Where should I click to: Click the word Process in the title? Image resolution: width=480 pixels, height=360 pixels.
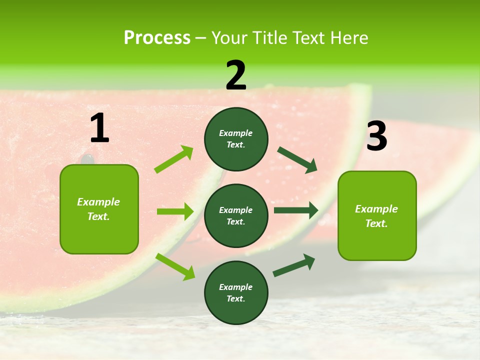click(x=157, y=38)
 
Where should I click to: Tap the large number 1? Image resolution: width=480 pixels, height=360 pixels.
click(x=99, y=128)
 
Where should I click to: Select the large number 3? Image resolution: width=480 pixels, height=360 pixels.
click(x=376, y=136)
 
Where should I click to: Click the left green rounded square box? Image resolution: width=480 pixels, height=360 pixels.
click(x=99, y=209)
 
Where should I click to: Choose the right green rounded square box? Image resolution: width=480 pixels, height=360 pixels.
click(x=377, y=215)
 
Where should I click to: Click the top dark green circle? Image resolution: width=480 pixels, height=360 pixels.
click(x=236, y=139)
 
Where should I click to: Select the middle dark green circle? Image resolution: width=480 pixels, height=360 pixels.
click(x=236, y=215)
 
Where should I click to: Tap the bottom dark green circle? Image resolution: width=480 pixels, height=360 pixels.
click(x=236, y=292)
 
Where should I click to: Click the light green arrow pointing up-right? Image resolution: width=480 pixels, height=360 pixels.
click(x=174, y=159)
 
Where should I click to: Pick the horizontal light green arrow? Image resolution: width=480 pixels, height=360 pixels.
click(x=175, y=211)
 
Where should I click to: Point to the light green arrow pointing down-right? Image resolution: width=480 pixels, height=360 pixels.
click(x=175, y=266)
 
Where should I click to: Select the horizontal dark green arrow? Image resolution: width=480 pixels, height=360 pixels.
click(x=296, y=210)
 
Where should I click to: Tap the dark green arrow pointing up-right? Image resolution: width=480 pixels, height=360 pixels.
click(x=294, y=265)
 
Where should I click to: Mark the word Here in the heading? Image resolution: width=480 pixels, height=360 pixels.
click(x=349, y=38)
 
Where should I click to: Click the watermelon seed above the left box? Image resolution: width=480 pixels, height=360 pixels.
click(x=87, y=159)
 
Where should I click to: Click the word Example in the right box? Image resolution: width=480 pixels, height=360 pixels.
click(x=376, y=209)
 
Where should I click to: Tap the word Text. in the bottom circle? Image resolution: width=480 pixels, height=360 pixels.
click(x=236, y=298)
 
